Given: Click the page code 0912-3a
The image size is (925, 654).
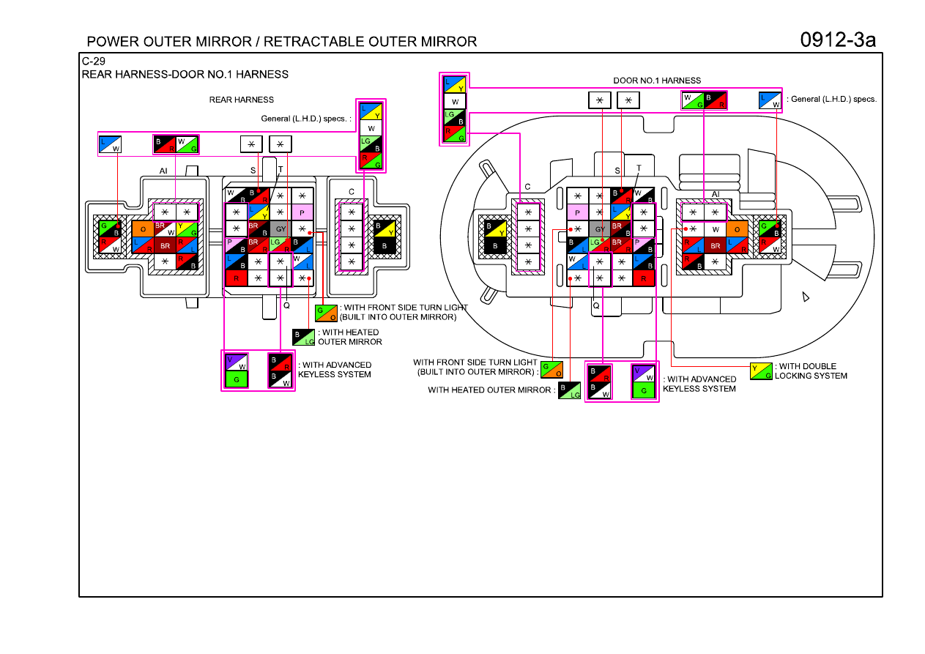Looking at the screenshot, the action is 837,40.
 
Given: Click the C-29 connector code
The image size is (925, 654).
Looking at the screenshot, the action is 93,61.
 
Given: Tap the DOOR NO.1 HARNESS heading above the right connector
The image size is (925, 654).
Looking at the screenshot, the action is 657,81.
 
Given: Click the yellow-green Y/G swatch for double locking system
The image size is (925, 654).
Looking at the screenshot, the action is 761,371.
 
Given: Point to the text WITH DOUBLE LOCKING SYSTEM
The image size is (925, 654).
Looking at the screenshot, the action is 811,371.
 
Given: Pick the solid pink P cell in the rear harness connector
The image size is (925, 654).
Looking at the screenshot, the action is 302,212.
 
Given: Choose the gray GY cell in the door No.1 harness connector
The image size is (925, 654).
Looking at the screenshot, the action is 600,228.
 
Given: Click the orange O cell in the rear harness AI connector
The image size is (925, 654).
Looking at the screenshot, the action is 143,229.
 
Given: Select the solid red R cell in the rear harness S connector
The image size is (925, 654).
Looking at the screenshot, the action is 237,278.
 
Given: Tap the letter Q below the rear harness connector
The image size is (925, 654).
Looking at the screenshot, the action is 286,305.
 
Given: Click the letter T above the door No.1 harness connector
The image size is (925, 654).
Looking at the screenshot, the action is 639,168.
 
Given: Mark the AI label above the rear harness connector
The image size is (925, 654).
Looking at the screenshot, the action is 163,171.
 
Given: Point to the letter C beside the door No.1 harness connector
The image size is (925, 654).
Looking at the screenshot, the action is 527,187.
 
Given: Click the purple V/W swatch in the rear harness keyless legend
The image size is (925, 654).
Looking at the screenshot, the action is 237,362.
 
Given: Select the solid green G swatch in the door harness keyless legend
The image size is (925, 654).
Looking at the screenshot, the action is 643,390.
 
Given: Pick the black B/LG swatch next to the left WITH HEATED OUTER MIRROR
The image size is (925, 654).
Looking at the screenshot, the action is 303,338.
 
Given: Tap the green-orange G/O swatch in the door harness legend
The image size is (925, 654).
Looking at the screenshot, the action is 552,370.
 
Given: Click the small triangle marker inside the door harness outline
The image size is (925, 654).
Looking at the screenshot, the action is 806,297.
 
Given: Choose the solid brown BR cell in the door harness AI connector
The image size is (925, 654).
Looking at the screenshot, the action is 716,245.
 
